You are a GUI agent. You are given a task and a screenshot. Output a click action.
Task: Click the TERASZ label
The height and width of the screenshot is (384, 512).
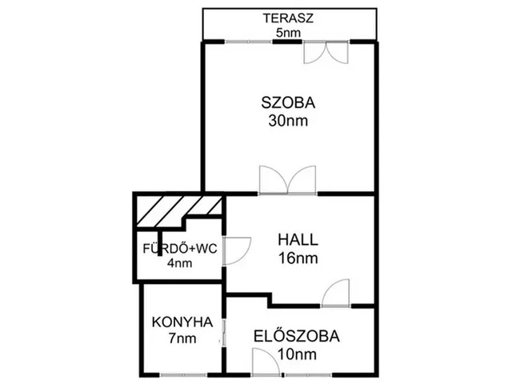point(288,18)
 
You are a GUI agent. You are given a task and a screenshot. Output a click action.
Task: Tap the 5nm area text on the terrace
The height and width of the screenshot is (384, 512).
point(288,33)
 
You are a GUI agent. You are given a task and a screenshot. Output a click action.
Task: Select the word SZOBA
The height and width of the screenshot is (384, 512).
point(288,103)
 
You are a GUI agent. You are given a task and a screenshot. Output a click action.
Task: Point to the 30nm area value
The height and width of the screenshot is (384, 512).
point(288,121)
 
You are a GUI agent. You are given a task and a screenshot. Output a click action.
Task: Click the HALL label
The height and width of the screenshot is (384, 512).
point(298,240)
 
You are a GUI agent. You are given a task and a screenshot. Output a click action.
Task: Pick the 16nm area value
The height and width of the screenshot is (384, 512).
point(298,258)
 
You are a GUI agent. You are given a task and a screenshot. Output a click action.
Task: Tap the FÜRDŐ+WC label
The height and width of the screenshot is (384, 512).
point(180,249)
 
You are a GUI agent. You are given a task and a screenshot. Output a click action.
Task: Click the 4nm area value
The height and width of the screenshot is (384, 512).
point(179,263)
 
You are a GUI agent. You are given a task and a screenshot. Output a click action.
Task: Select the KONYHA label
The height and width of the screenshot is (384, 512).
point(182,322)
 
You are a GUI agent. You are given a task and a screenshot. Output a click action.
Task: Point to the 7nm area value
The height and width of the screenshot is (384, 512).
point(182,338)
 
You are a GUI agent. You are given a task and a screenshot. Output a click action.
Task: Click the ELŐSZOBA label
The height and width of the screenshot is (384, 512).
point(297,337)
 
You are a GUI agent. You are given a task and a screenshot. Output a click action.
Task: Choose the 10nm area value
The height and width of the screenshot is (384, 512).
point(297,354)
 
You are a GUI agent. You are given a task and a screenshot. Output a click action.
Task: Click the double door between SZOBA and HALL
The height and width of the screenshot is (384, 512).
point(288,180)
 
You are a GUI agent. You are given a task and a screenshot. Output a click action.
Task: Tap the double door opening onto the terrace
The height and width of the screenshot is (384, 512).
point(326,52)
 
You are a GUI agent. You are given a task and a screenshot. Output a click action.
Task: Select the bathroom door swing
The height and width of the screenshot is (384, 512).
point(237,250)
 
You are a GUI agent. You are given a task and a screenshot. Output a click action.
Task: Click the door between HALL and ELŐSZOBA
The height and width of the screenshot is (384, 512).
point(335,293)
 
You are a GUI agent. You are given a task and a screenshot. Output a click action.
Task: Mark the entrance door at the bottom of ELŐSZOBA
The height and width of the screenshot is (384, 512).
point(266,362)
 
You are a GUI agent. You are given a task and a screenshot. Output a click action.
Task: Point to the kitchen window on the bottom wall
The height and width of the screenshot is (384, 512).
point(183,374)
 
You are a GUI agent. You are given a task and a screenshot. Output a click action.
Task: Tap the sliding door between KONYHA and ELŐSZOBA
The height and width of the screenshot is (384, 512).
point(224,332)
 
